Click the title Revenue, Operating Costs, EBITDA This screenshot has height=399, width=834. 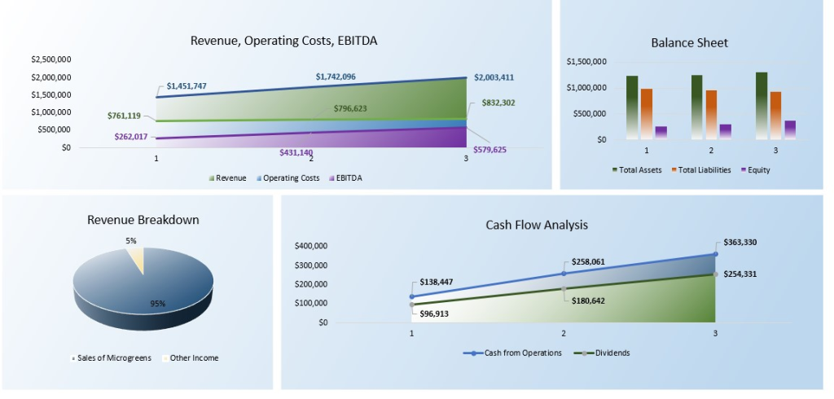(x=283, y=41)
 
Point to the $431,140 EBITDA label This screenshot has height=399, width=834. (x=296, y=152)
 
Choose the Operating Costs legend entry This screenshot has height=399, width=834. (x=285, y=178)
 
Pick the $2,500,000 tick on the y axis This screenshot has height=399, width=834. (x=50, y=59)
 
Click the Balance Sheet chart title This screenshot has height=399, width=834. (x=689, y=42)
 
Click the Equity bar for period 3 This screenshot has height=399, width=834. (x=790, y=129)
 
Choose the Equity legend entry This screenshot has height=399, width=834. (x=755, y=170)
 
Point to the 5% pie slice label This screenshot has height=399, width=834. (x=131, y=240)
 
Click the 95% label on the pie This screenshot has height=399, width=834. (x=157, y=304)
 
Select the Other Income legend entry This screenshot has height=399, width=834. (x=192, y=357)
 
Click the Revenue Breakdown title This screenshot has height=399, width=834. (x=143, y=220)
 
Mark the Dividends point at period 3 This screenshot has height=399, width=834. (x=716, y=274)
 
